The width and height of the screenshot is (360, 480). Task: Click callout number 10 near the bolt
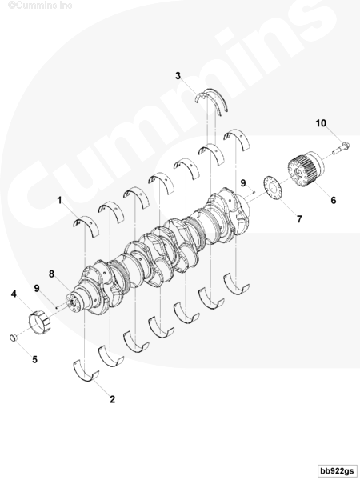click(321, 123)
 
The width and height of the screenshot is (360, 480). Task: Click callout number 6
click(334, 200)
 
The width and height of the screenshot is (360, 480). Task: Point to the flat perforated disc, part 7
click(274, 189)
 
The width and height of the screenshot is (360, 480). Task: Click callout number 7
click(299, 219)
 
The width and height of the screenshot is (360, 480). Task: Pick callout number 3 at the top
click(178, 76)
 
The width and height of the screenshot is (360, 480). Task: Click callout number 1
click(59, 201)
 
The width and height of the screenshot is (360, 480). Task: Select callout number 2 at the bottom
click(112, 399)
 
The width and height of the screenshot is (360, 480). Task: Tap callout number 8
click(51, 274)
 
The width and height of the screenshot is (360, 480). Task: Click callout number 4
click(14, 294)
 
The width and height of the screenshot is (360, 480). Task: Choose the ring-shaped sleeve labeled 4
click(39, 322)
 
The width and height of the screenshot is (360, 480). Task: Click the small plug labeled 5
click(13, 338)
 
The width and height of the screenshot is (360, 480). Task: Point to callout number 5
click(35, 359)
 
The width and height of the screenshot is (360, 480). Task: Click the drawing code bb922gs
click(337, 470)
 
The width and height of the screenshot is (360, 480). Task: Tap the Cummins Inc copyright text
click(40, 5)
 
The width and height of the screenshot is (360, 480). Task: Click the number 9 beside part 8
click(37, 288)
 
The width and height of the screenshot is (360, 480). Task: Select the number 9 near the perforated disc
click(243, 183)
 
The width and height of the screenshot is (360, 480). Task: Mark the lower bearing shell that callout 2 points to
click(86, 371)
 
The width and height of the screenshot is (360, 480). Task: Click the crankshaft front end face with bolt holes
click(73, 302)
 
